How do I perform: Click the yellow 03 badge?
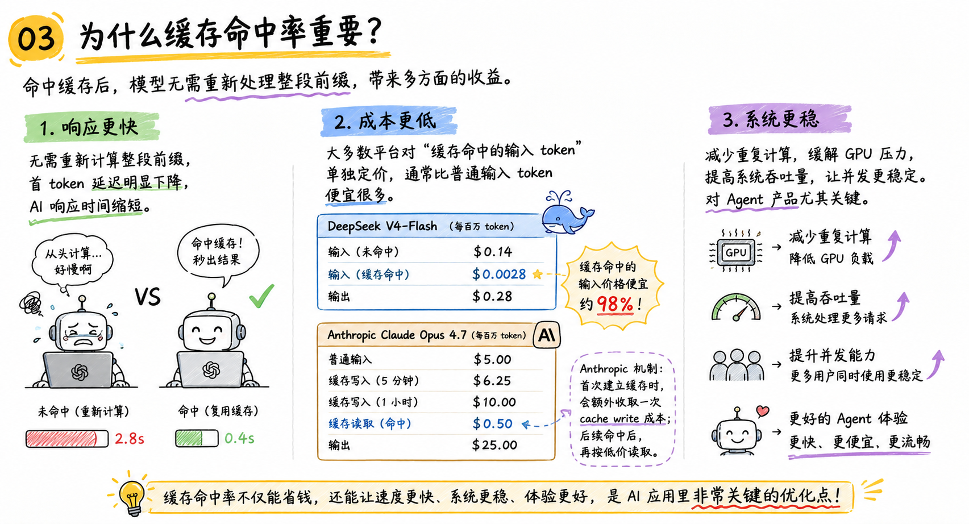pos(36,39)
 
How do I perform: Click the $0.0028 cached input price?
pos(499,274)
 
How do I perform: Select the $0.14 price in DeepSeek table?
pos(493,251)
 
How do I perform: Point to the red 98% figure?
pos(615,304)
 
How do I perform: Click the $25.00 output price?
pos(494,444)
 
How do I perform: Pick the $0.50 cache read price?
pos(492,423)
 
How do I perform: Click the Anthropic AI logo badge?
pos(546,335)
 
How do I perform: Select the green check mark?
pos(261,296)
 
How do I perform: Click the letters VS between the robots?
pos(148,297)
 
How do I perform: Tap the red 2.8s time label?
pos(130,439)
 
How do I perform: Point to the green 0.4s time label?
pos(239,438)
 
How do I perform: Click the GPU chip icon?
pos(735,251)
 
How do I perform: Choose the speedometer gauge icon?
pos(736,307)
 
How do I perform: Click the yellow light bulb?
pos(131,496)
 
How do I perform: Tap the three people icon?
pos(736,365)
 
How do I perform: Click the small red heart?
pos(762,411)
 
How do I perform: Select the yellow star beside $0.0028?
pos(537,274)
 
